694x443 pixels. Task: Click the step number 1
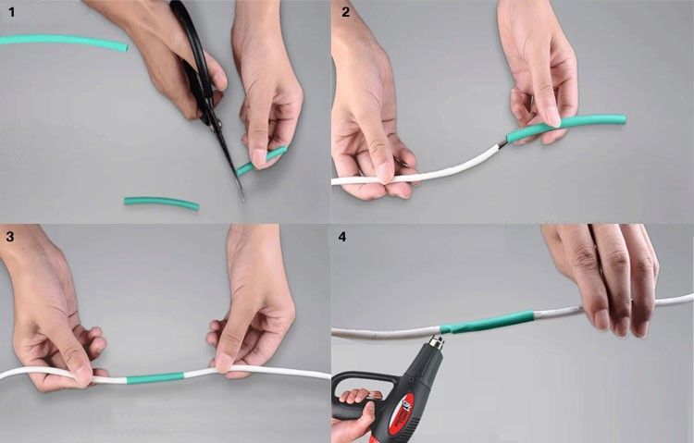pos(11,12)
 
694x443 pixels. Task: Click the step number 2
pos(346,12)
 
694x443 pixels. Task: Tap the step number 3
pos(10,237)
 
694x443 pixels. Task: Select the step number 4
pos(342,237)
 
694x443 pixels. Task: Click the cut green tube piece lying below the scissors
pos(161,203)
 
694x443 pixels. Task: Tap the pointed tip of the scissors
pos(242,199)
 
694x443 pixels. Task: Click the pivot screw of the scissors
pos(216,124)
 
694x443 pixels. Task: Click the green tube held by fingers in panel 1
pos(261,161)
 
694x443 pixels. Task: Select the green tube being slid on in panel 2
pos(566,125)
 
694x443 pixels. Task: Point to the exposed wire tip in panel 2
pos(502,144)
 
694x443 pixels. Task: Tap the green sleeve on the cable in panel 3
pos(155,378)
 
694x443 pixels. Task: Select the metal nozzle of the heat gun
pos(436,342)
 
